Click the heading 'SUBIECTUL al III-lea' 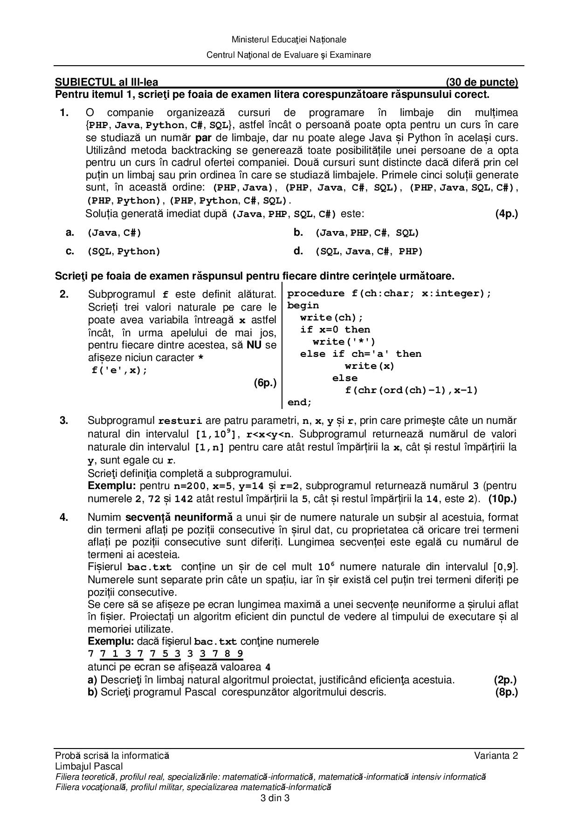[x=107, y=82]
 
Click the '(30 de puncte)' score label [x=482, y=82]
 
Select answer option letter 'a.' [x=70, y=232]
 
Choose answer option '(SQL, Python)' [x=124, y=252]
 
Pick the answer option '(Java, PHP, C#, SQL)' [x=367, y=233]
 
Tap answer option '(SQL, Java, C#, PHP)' [x=369, y=252]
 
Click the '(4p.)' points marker [x=506, y=214]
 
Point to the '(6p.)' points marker [x=265, y=383]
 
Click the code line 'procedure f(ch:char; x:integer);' [x=389, y=293]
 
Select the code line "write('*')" [x=344, y=342]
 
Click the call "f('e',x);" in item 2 [x=119, y=371]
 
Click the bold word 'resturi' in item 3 [x=180, y=421]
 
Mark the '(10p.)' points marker [x=502, y=499]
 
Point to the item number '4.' [x=64, y=517]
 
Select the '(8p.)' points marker [x=506, y=692]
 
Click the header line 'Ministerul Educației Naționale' [x=289, y=40]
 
